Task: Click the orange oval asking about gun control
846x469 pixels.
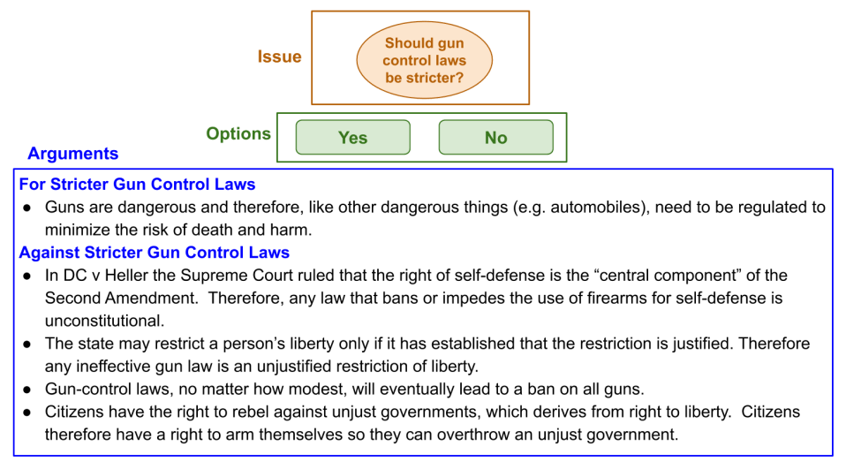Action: [x=424, y=60]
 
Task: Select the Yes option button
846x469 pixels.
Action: [x=352, y=138]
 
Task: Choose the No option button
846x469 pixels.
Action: [x=495, y=138]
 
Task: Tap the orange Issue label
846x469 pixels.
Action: [x=279, y=57]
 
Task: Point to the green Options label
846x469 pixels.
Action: [x=238, y=133]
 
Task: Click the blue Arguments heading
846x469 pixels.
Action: [x=73, y=154]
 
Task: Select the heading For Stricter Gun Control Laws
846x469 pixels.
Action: [x=138, y=185]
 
